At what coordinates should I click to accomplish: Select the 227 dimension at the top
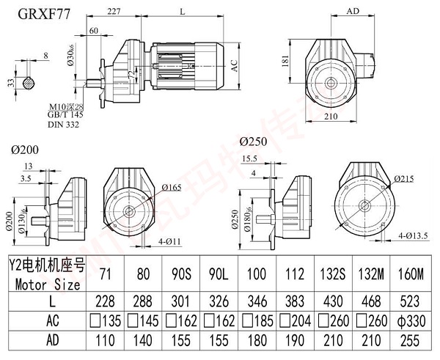point(114,12)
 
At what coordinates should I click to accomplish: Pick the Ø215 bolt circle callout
point(408,178)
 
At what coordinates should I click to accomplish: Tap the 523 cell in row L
point(411,301)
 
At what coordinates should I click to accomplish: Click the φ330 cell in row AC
point(411,320)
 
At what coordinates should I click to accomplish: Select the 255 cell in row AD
point(411,340)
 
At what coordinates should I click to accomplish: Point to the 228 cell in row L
point(106,301)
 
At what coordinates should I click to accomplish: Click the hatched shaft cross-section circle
point(29,83)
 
